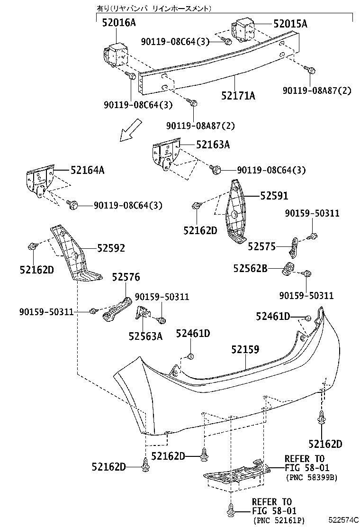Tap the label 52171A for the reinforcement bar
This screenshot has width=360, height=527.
pyautogui.click(x=238, y=96)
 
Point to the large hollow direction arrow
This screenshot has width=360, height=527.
pyautogui.click(x=131, y=130)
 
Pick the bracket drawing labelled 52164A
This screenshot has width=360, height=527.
pyautogui.click(x=40, y=183)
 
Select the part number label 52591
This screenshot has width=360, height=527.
pyautogui.click(x=273, y=196)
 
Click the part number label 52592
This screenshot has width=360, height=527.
pyautogui.click(x=111, y=248)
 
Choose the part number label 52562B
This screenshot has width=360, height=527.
pyautogui.click(x=250, y=269)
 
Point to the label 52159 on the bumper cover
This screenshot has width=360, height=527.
pyautogui.click(x=245, y=350)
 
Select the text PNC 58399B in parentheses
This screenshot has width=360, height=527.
pyautogui.click(x=311, y=478)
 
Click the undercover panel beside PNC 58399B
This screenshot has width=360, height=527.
pyautogui.click(x=234, y=474)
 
